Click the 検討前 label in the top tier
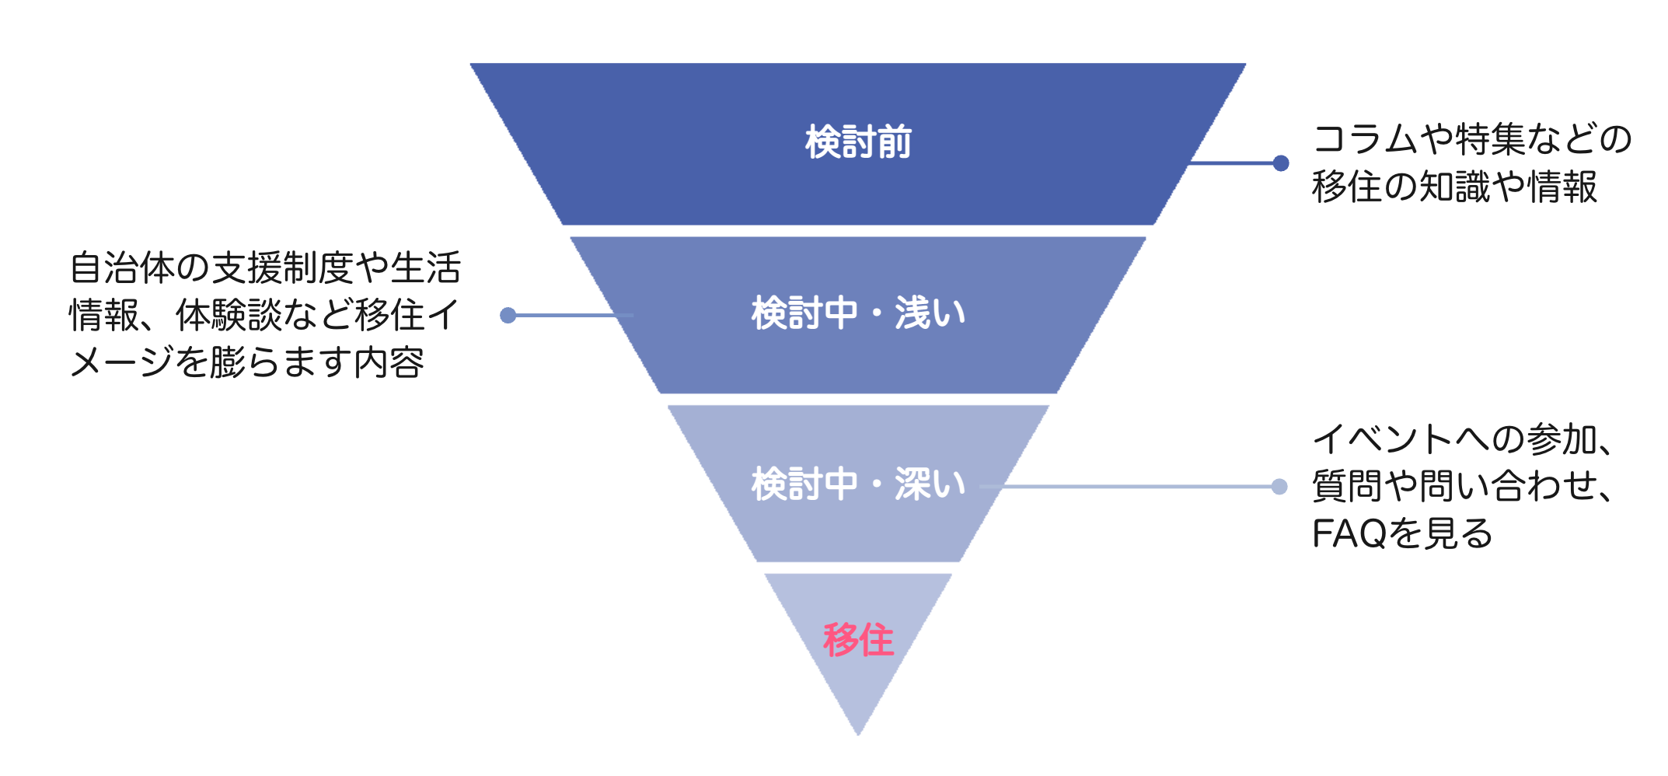click(x=858, y=142)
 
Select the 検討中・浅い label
click(x=858, y=313)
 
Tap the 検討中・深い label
click(x=858, y=484)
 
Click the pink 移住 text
click(x=858, y=640)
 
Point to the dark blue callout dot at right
click(x=1281, y=163)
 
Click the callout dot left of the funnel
click(x=508, y=315)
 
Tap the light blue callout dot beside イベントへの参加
click(x=1279, y=487)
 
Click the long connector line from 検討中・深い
click(x=1135, y=487)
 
